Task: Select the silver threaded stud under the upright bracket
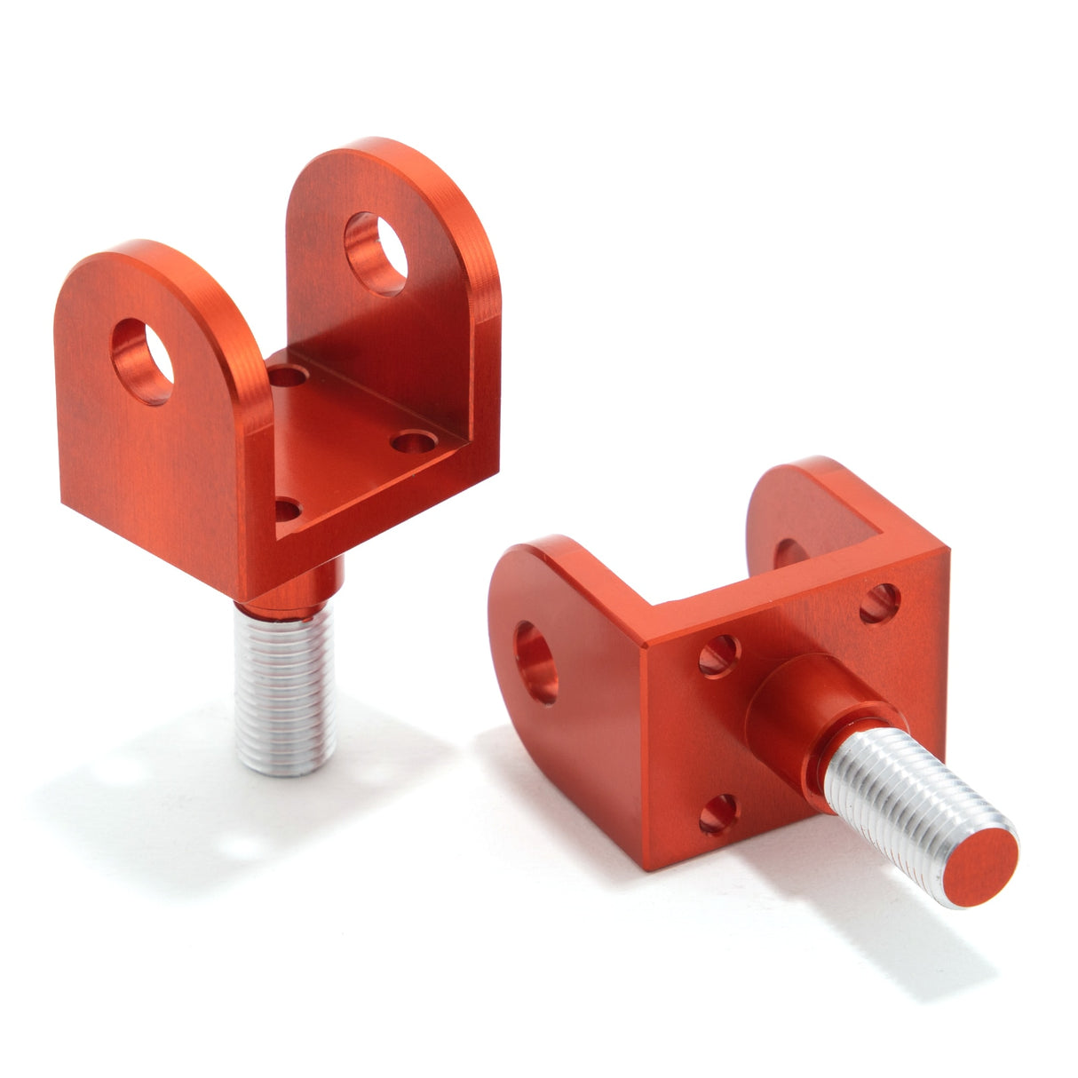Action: [x=284, y=688]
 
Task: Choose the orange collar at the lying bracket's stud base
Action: [x=804, y=710]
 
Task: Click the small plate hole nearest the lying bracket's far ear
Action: [x=880, y=602]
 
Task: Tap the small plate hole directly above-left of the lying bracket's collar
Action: [x=719, y=655]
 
